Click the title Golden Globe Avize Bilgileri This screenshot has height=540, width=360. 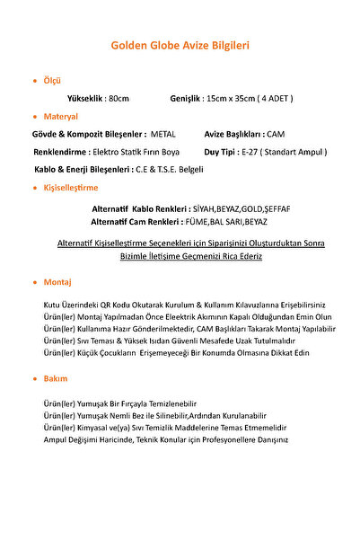pyautogui.click(x=180, y=44)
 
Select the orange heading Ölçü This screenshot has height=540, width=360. pyautogui.click(x=53, y=80)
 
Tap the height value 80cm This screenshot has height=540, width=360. pyautogui.click(x=119, y=97)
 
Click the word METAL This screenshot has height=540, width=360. pyautogui.click(x=163, y=133)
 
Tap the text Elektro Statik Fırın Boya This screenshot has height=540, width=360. pyautogui.click(x=136, y=151)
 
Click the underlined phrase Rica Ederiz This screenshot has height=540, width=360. pyautogui.click(x=236, y=255)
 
